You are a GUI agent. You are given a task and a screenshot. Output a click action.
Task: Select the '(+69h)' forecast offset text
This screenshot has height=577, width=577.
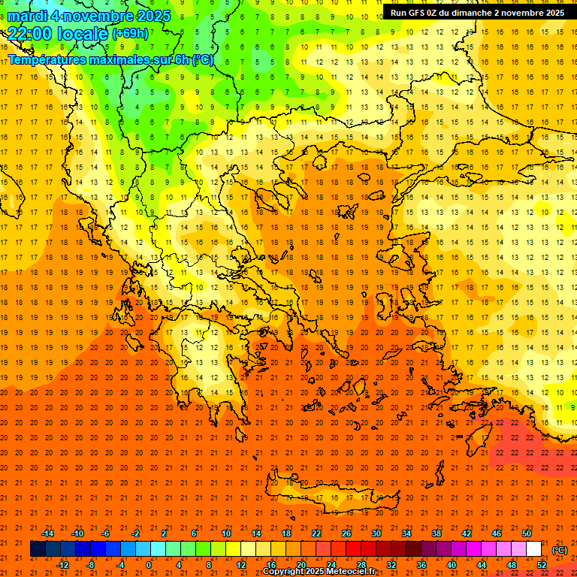[x=130, y=34]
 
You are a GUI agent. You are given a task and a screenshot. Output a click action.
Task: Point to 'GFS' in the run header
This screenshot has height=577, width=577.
[x=417, y=13]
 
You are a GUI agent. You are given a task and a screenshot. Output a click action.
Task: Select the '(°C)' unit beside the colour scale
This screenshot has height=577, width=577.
[x=560, y=550]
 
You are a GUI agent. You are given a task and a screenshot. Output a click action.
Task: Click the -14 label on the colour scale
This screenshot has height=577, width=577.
[x=47, y=533]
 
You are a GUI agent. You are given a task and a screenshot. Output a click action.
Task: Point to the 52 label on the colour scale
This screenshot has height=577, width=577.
[x=542, y=565]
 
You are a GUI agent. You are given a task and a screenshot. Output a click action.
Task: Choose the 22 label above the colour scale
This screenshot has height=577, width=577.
[x=316, y=533]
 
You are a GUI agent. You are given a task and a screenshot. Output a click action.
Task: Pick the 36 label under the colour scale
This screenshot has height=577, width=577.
[x=421, y=565]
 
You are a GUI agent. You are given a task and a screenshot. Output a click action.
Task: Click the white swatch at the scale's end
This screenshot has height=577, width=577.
[x=533, y=549]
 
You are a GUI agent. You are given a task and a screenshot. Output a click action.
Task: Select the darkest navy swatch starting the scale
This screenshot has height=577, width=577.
[x=38, y=549]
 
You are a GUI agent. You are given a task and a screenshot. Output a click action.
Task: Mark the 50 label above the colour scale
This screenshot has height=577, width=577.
[x=526, y=533]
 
